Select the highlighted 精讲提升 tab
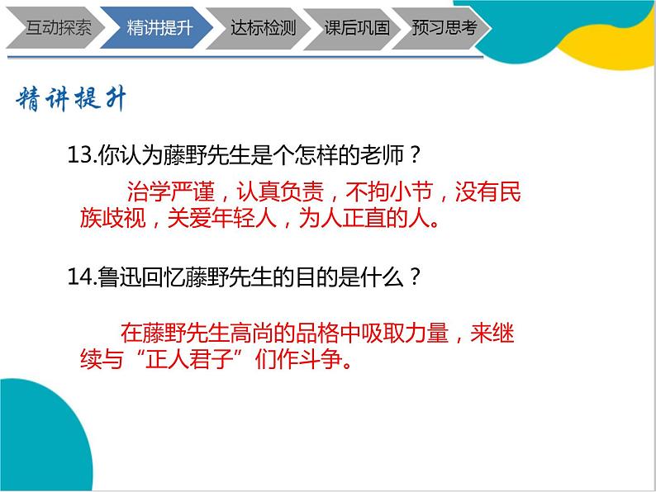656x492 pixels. (x=159, y=27)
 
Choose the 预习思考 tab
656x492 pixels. (x=444, y=27)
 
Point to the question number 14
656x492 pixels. (x=82, y=277)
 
